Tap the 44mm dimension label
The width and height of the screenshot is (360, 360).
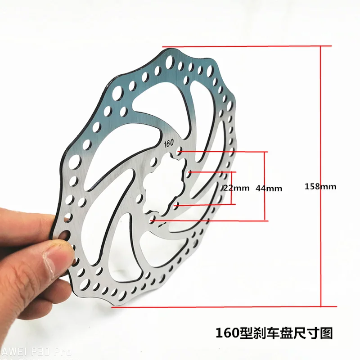point(269,189)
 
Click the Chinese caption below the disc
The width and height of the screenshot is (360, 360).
point(274,333)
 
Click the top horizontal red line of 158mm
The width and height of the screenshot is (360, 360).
point(247,46)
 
